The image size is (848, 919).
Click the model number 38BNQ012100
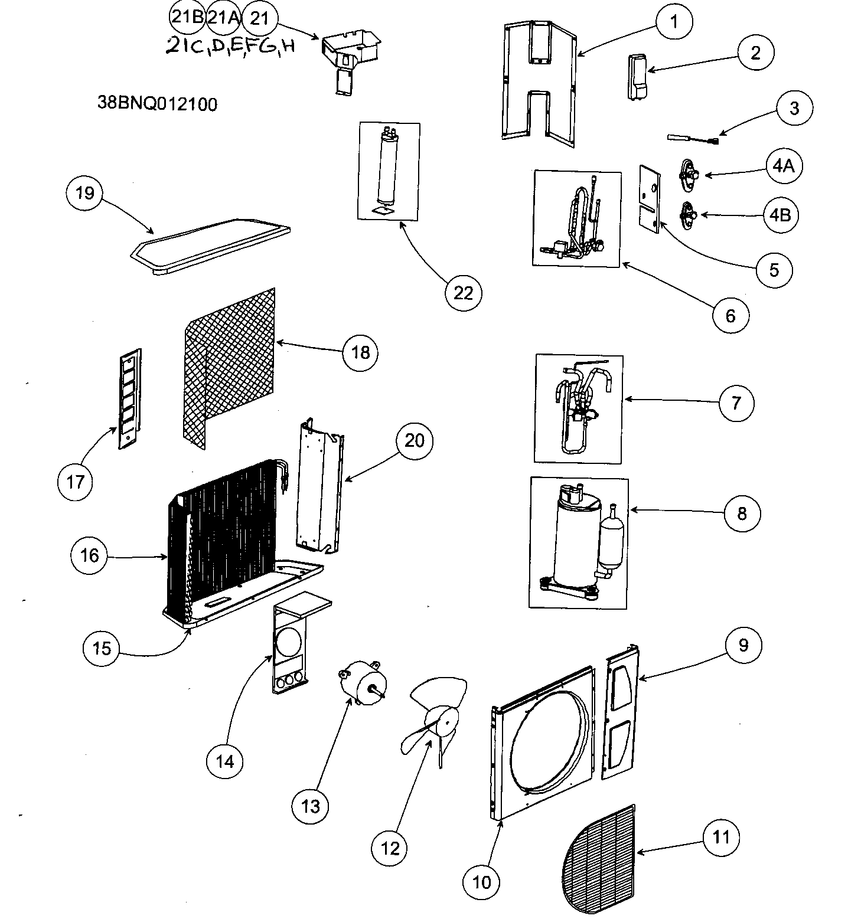[x=157, y=104]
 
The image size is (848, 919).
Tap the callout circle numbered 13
[x=310, y=806]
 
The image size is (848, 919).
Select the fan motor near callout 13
[x=360, y=683]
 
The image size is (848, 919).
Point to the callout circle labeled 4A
[x=783, y=166]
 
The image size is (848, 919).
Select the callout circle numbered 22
[x=464, y=293]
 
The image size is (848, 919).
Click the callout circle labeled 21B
[x=187, y=18]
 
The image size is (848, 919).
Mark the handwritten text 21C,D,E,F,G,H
[x=230, y=47]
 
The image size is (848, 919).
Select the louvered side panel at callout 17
[x=130, y=399]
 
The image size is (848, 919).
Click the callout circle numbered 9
[x=743, y=645]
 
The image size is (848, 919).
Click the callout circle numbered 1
[x=674, y=21]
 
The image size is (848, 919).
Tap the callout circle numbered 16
[x=90, y=555]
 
